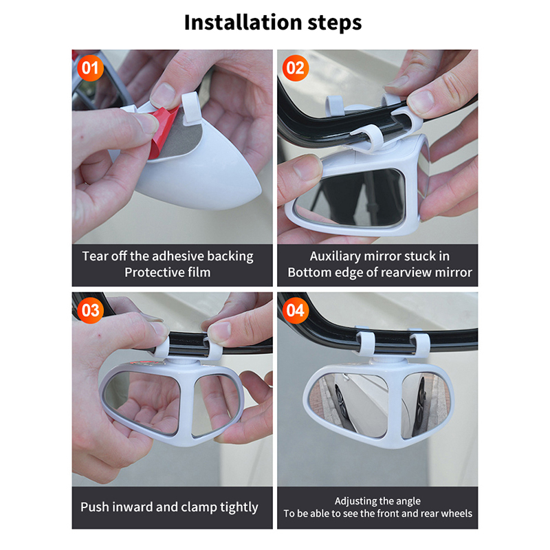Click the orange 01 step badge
[90, 68]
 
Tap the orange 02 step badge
[296, 68]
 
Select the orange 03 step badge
[90, 311]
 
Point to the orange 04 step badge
[296, 311]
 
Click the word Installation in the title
[243, 23]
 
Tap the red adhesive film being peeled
[162, 130]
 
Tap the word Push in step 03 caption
[94, 507]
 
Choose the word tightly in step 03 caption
[239, 507]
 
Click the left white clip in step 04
[366, 344]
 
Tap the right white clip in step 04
[420, 345]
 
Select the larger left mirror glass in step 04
[348, 404]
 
